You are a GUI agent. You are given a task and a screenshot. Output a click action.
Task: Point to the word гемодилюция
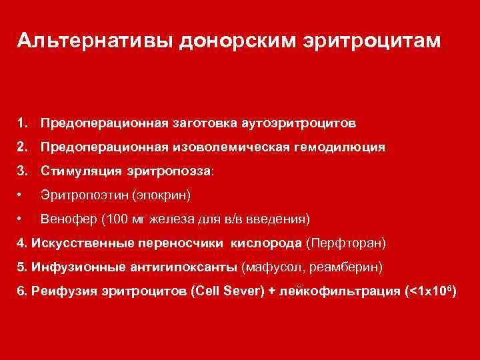[337, 147]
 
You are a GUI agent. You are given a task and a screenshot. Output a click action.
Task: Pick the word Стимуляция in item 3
[81, 171]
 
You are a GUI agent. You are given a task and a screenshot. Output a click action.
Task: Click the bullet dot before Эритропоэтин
[21, 195]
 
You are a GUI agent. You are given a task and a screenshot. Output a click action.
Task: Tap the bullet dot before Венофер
[21, 219]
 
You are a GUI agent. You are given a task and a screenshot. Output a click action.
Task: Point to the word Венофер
[65, 219]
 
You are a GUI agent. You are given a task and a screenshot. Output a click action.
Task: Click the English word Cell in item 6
[211, 291]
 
